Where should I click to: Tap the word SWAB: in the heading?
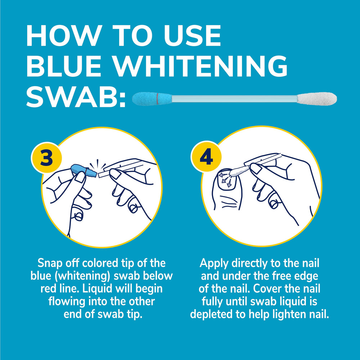(x=76, y=96)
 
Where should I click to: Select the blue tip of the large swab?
(x=152, y=99)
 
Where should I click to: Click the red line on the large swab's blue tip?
(x=158, y=99)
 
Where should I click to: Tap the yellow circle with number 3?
(x=46, y=158)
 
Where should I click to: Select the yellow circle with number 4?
(x=206, y=157)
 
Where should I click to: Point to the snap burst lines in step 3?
(x=98, y=165)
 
